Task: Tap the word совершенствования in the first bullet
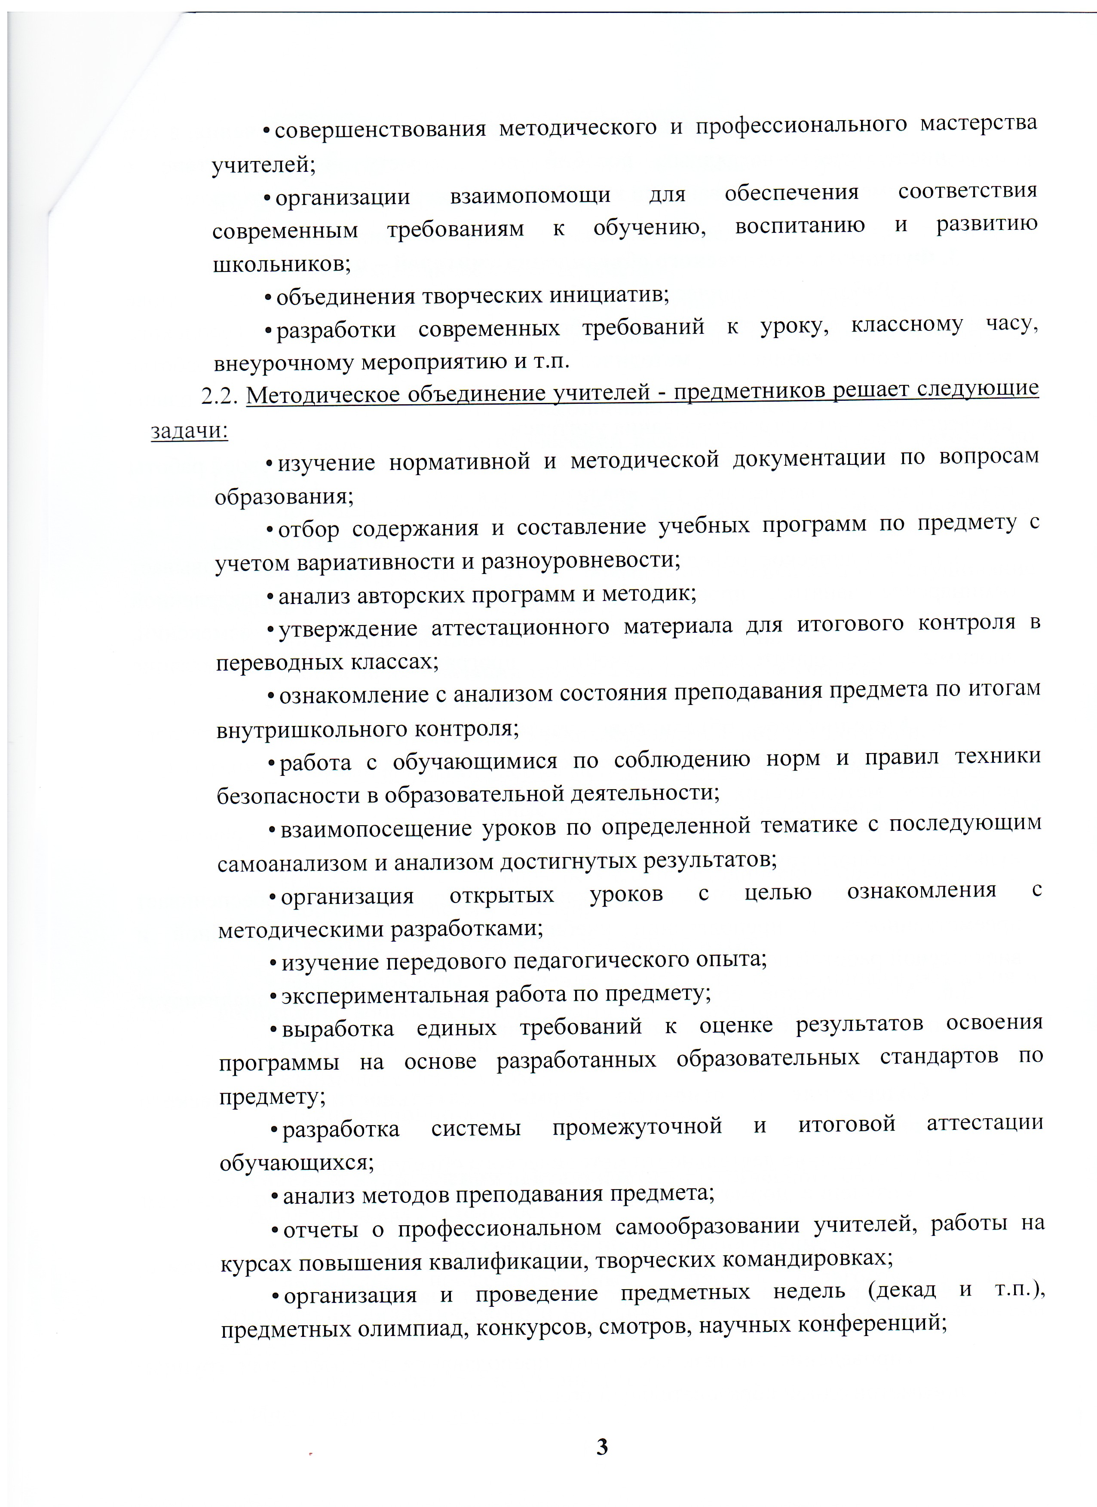(380, 129)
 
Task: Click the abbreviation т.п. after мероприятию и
(551, 361)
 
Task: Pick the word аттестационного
(520, 627)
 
